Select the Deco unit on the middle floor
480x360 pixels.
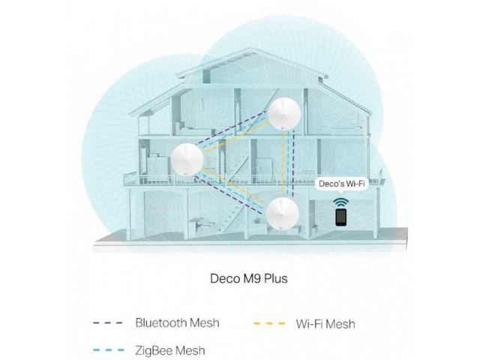(187, 159)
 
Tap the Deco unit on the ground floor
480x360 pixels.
(282, 213)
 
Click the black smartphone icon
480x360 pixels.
(340, 217)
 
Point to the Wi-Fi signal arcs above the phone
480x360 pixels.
(340, 202)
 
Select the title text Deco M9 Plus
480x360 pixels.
(249, 278)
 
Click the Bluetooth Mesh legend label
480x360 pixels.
(177, 322)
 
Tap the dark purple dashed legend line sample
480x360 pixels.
(108, 323)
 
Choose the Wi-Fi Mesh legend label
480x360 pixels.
(325, 324)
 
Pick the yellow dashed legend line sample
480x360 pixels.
(269, 323)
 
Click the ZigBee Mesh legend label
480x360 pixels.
(170, 350)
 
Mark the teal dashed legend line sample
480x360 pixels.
(109, 350)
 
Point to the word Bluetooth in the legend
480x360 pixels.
(161, 322)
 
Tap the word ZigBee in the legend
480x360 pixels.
(154, 350)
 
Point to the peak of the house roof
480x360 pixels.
(250, 48)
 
